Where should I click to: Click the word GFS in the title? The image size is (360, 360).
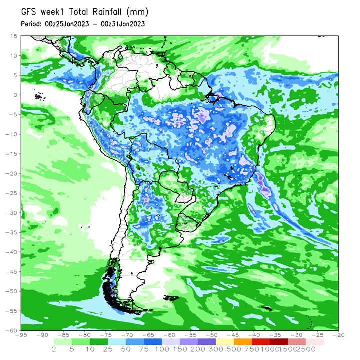coord(28,12)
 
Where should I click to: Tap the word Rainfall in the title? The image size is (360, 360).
coord(107,12)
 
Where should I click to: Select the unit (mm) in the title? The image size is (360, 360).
coord(137,12)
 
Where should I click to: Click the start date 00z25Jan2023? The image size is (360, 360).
coord(67,24)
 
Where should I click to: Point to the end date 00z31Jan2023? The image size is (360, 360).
coord(123,24)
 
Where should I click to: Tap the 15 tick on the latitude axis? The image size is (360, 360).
coord(14,36)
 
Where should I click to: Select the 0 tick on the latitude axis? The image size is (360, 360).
coord(15,95)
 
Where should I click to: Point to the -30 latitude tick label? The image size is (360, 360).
coord(11,213)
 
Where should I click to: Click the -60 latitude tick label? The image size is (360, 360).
coord(11,330)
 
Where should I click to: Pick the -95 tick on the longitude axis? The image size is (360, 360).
coord(21,335)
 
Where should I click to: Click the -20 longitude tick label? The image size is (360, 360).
coord(338,335)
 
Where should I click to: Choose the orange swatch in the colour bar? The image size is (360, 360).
coord(243,342)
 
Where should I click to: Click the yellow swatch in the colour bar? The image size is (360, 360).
coord(225,342)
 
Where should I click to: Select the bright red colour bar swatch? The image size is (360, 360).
coord(261,342)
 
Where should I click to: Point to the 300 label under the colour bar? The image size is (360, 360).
coord(216,349)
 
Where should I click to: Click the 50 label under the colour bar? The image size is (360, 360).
coord(126,349)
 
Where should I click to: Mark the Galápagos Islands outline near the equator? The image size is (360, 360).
coord(40,97)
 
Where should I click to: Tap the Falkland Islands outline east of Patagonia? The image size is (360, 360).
coord(171,298)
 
